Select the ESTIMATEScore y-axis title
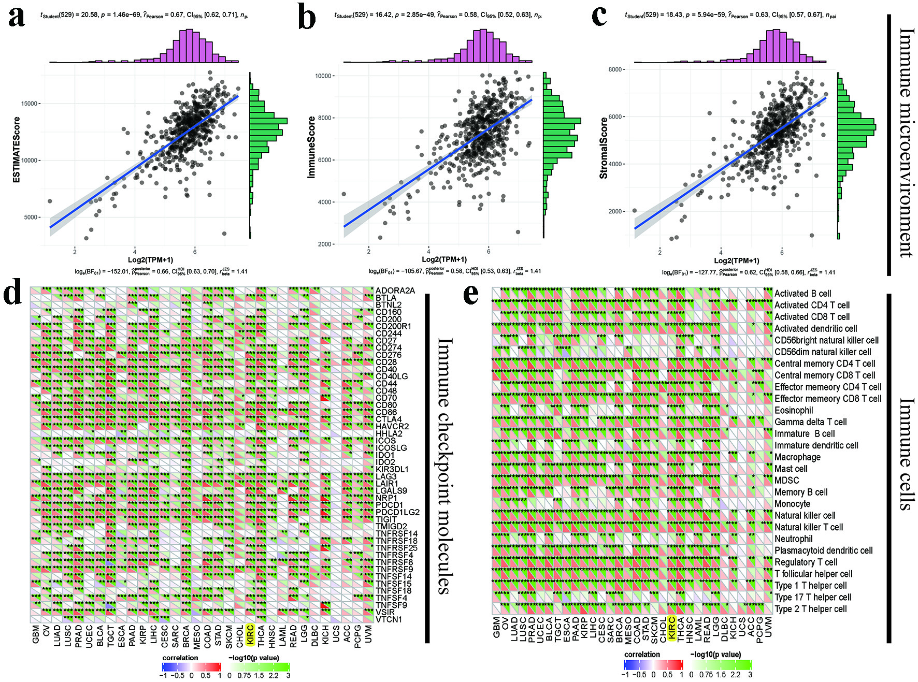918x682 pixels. pos(16,150)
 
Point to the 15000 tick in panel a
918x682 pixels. pos(30,104)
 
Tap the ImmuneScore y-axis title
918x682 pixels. pos(311,148)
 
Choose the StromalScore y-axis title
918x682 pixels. pos(604,148)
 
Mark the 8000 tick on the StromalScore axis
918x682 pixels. pos(615,69)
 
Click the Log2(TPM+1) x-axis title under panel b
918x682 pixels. pos(444,259)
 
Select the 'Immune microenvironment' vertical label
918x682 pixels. pos(906,142)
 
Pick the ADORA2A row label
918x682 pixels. pos(395,291)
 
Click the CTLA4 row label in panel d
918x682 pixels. pos(389,419)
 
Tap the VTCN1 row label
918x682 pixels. pos(389,619)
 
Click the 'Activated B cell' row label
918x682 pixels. pos(802,294)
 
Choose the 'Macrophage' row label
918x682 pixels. pos(797,457)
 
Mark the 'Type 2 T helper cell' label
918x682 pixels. pos(810,609)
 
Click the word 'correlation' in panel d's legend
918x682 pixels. pos(180,658)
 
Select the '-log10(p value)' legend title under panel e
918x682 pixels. pos(715,655)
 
